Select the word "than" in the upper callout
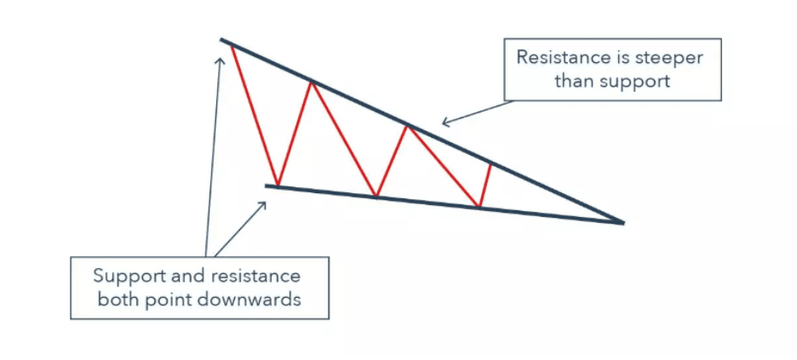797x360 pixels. (573, 81)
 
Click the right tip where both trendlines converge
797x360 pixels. (623, 223)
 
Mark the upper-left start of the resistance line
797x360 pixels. (222, 40)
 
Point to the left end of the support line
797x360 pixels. (267, 185)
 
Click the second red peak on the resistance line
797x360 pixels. (312, 81)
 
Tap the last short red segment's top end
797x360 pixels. (490, 163)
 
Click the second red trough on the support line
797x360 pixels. (376, 197)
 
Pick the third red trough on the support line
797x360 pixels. (479, 207)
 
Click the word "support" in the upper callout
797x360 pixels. (640, 81)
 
